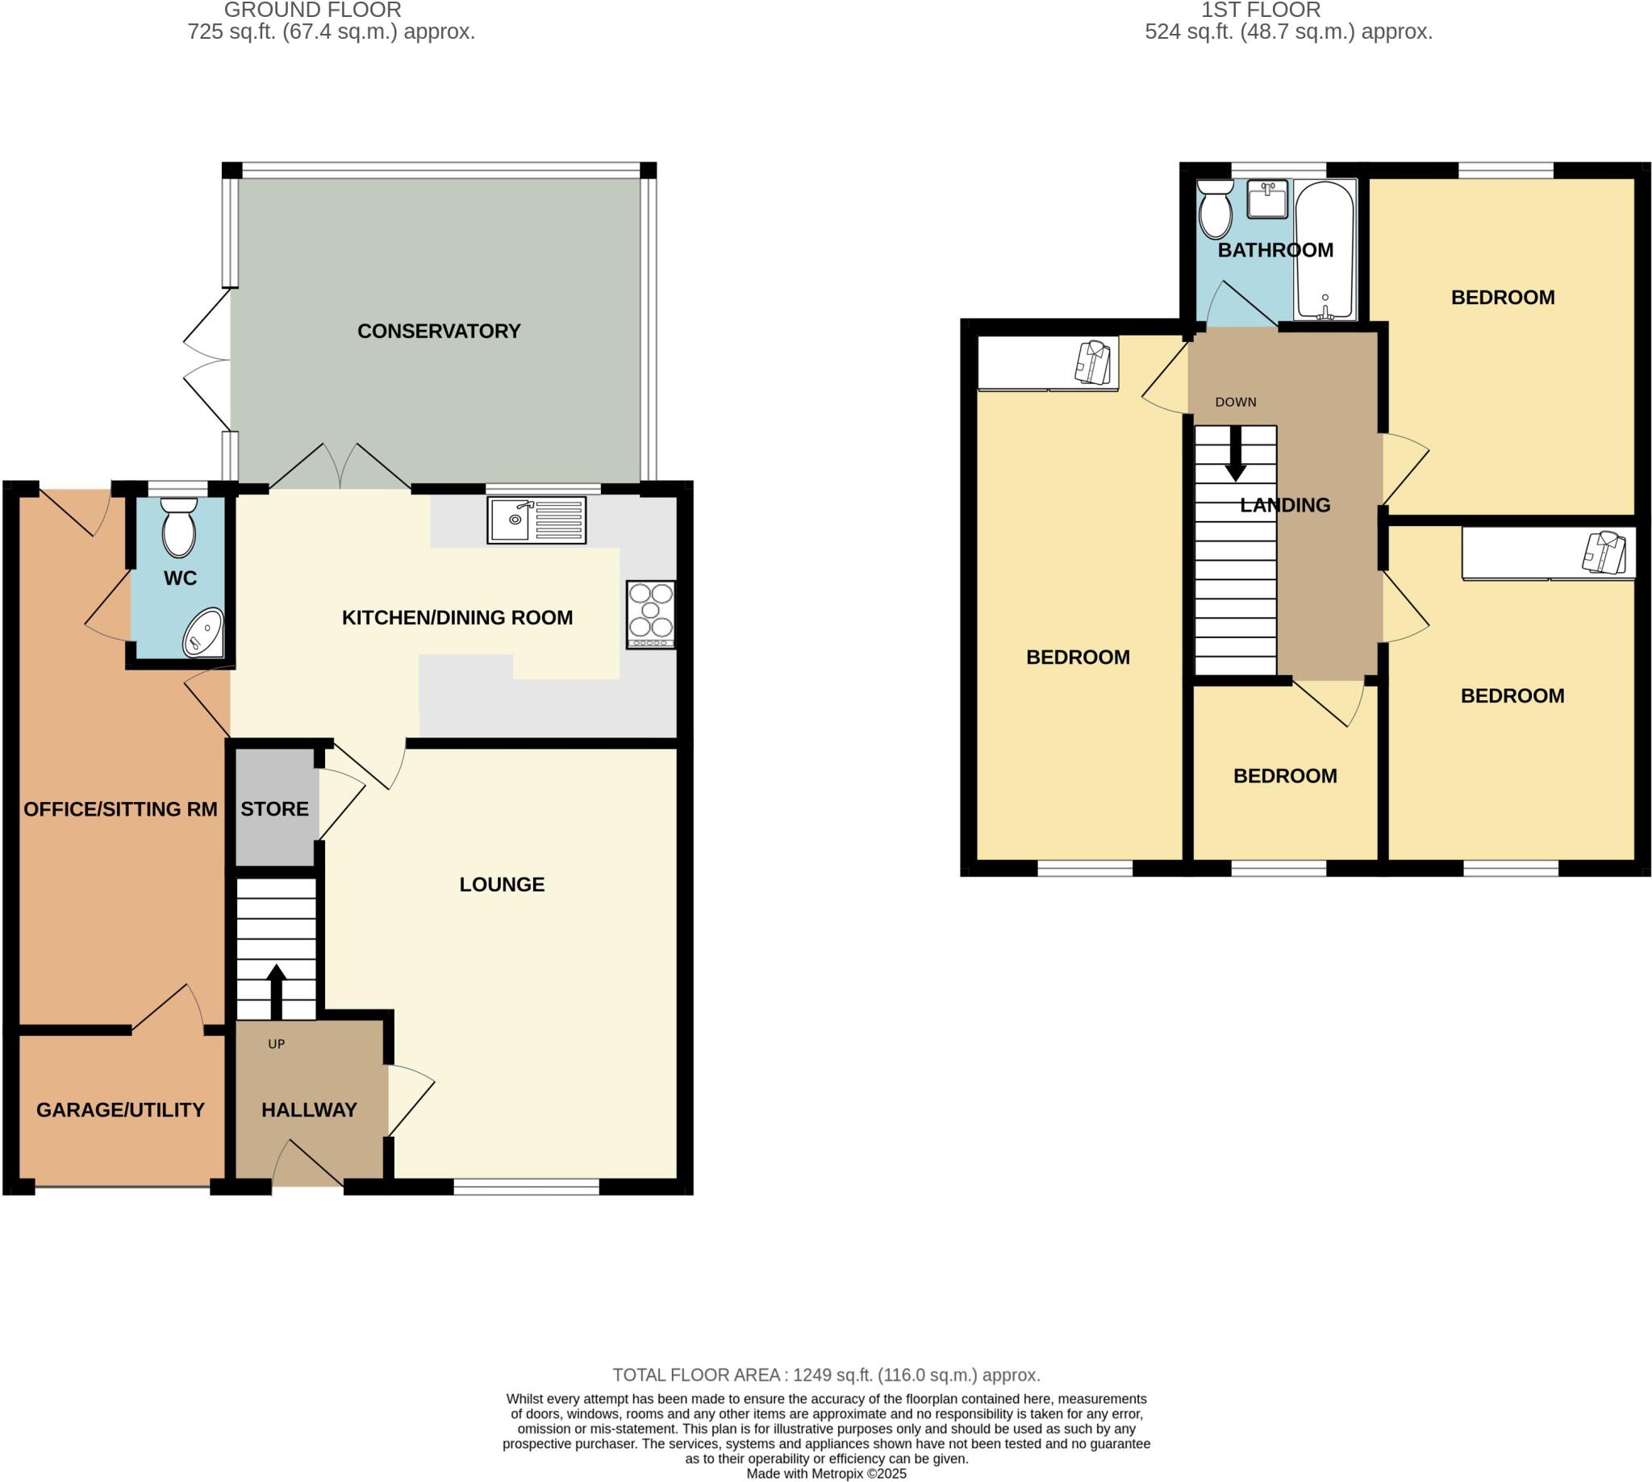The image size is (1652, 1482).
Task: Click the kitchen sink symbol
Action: tap(536, 520)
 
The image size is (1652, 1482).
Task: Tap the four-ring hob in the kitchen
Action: tap(650, 614)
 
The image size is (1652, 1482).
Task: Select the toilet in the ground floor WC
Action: tap(179, 527)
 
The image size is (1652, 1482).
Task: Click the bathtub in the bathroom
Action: tap(1325, 249)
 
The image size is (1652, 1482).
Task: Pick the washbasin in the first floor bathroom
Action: tap(1267, 199)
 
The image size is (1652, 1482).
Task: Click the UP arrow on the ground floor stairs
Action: tap(276, 990)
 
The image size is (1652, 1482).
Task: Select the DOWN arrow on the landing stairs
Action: tap(1235, 453)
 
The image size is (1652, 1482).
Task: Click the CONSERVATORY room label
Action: tap(439, 332)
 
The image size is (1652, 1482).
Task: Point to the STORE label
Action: tap(274, 808)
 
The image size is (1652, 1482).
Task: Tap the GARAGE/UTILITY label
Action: tap(120, 1110)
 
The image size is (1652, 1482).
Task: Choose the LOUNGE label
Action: tap(502, 884)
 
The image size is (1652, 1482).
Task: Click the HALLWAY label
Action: tap(309, 1110)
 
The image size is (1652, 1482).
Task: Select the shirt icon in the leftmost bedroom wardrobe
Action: tap(1093, 362)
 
